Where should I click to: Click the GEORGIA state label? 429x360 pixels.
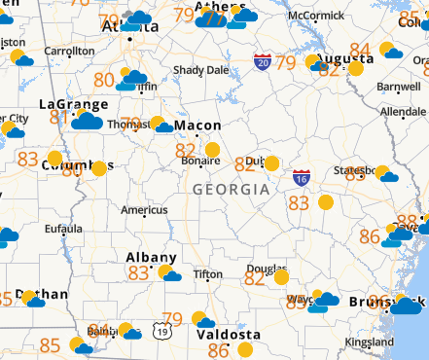point(232,189)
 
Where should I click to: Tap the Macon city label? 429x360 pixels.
point(197,126)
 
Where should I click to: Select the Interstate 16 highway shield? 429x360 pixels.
point(302,178)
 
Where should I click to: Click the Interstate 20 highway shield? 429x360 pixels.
point(263,61)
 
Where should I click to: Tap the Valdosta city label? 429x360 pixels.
point(229,334)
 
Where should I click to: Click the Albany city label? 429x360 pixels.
point(152,257)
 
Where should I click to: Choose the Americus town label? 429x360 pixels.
point(144,210)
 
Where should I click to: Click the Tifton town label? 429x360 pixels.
point(207,275)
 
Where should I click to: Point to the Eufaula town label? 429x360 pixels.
point(64,230)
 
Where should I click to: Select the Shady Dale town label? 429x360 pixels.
point(200,70)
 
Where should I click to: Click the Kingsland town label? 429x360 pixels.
point(369,342)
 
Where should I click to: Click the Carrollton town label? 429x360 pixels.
point(70,50)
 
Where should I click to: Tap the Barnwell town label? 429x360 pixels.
point(399,87)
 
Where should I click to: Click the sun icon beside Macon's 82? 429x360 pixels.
point(212,150)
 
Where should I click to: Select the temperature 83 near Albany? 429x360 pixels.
point(139,273)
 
